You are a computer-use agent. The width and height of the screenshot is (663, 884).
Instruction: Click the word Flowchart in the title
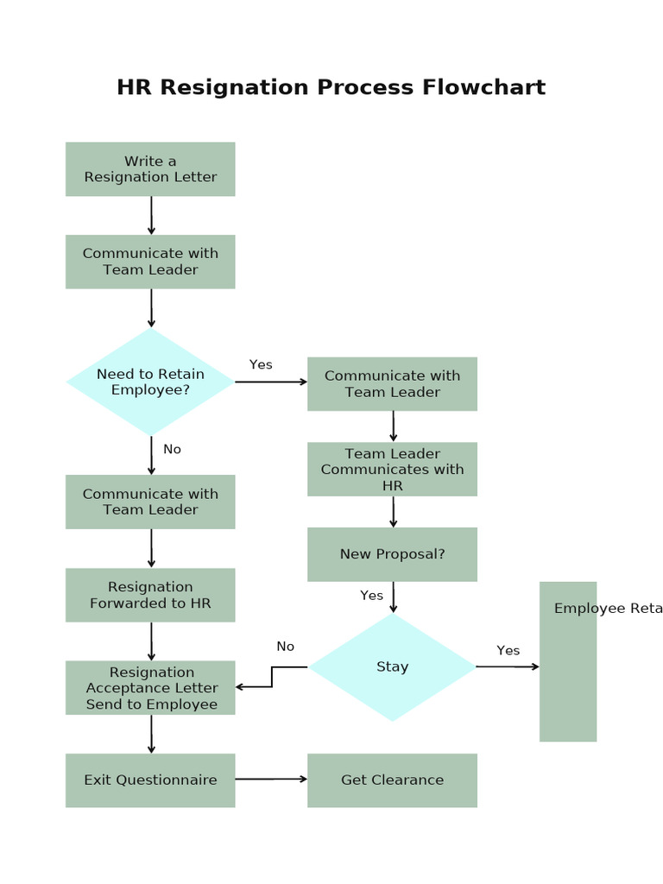pyautogui.click(x=483, y=88)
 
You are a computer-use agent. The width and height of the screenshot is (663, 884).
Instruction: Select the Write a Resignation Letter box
pyautogui.click(x=150, y=169)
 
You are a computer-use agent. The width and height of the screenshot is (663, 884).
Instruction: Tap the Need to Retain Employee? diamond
pyautogui.click(x=150, y=382)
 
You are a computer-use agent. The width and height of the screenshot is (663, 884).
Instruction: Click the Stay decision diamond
pyautogui.click(x=392, y=666)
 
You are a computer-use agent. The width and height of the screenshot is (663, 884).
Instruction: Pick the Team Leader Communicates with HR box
pyautogui.click(x=392, y=470)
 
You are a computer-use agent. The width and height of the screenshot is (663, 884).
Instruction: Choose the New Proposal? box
pyautogui.click(x=392, y=554)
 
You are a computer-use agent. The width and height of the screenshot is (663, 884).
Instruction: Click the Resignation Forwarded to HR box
pyautogui.click(x=150, y=595)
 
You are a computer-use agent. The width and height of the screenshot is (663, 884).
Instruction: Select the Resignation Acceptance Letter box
pyautogui.click(x=150, y=688)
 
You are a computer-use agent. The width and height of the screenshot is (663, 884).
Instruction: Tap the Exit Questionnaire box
pyautogui.click(x=150, y=780)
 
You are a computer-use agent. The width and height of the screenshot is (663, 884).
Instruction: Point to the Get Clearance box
pyautogui.click(x=392, y=780)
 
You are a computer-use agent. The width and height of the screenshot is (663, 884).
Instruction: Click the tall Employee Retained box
pyautogui.click(x=568, y=661)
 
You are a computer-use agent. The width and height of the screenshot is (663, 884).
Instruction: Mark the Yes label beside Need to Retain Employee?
pyautogui.click(x=261, y=364)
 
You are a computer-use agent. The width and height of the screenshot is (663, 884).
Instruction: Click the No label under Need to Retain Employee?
pyautogui.click(x=172, y=449)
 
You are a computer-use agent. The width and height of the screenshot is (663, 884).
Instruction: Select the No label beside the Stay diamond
pyautogui.click(x=285, y=647)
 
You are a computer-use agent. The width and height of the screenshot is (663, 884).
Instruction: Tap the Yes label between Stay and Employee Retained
pyautogui.click(x=508, y=650)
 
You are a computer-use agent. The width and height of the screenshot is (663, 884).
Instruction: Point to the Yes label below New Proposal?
pyautogui.click(x=371, y=596)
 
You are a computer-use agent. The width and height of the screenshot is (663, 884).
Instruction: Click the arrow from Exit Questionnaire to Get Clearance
pyautogui.click(x=271, y=779)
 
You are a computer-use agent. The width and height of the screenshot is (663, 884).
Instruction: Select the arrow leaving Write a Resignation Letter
pyautogui.click(x=151, y=215)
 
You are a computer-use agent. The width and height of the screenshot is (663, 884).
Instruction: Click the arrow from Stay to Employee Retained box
pyautogui.click(x=508, y=666)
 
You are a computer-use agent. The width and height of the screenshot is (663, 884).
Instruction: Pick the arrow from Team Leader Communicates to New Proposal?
pyautogui.click(x=393, y=511)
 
